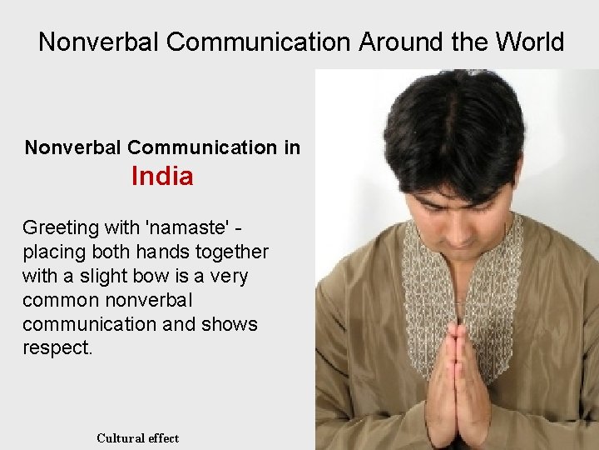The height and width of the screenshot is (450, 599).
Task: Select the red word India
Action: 162,177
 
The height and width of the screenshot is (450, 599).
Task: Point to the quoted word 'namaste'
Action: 190,227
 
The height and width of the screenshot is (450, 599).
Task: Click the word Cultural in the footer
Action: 121,437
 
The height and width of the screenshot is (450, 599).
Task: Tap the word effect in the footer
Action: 164,437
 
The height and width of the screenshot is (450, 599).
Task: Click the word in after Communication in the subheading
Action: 291,148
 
